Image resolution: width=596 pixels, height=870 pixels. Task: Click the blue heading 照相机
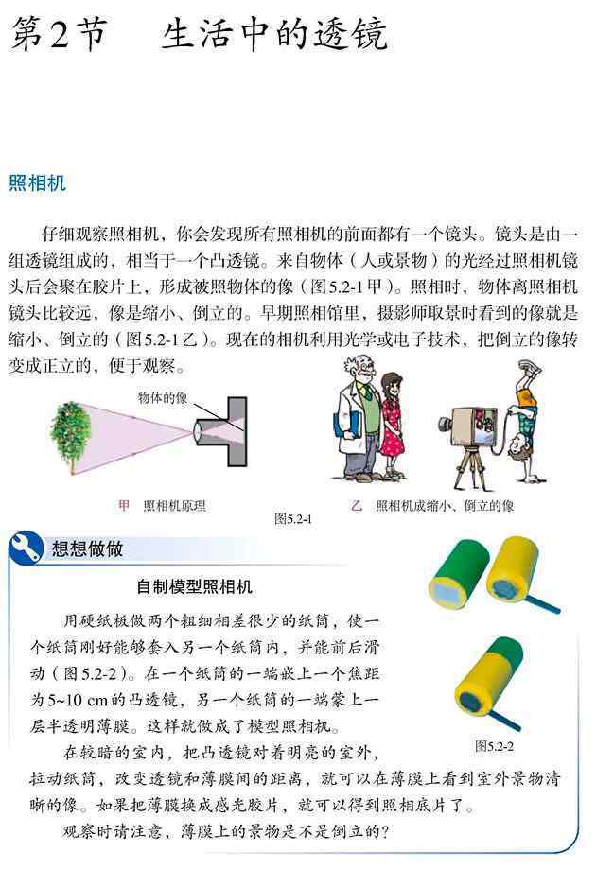37,183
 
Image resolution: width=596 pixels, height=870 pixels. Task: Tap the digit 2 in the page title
59,34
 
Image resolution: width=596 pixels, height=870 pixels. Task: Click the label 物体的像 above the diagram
163,398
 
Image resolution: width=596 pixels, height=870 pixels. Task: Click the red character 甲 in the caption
124,506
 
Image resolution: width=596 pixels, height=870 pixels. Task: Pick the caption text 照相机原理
175,506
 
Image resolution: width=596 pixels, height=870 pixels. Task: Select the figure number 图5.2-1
293,519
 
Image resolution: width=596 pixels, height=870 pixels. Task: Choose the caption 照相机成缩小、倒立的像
445,506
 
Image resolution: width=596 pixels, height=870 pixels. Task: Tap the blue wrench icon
26,548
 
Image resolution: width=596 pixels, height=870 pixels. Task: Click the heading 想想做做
87,548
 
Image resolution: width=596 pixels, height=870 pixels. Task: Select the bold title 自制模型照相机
194,586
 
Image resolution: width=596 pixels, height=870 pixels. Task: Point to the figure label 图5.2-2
495,746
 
